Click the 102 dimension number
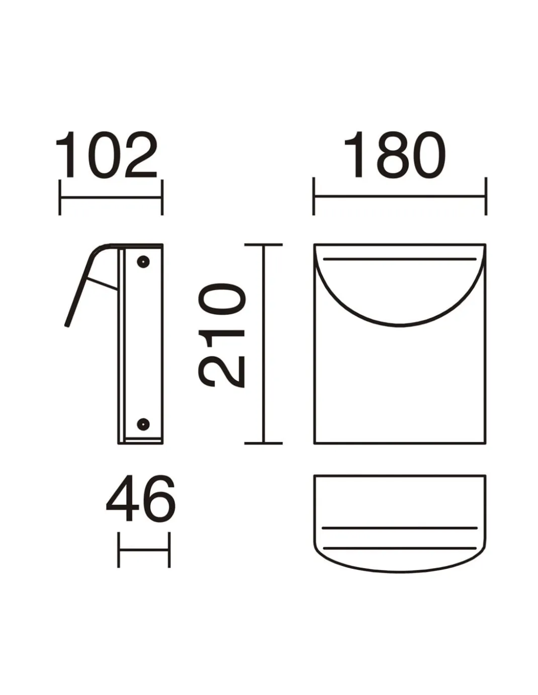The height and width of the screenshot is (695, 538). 107,155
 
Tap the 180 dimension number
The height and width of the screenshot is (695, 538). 395,155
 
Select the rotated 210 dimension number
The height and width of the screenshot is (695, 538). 222,335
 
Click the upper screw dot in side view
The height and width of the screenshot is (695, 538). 143,262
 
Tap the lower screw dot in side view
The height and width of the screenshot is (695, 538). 143,424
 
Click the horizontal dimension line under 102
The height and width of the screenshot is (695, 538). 111,198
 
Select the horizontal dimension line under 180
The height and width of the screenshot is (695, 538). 400,196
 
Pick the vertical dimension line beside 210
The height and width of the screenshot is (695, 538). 263,344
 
